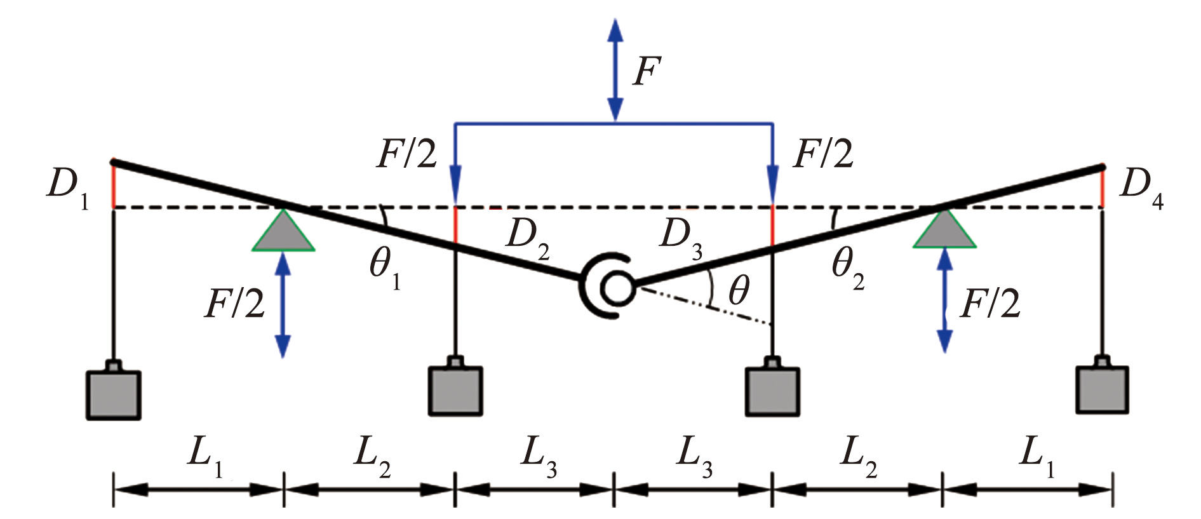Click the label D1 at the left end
[67, 189]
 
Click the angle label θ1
[386, 267]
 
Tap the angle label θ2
[848, 267]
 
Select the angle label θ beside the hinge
[739, 291]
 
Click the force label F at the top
[647, 71]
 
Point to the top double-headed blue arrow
[615, 69]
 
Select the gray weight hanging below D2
[455, 387]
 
